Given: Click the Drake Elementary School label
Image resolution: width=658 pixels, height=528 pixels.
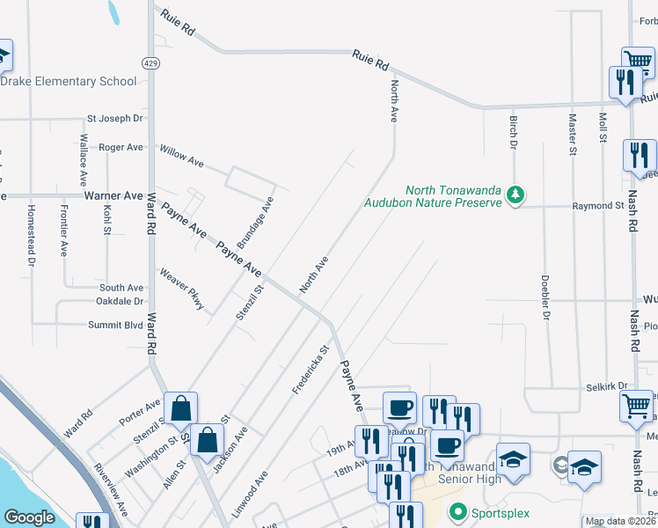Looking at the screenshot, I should pyautogui.click(x=69, y=82).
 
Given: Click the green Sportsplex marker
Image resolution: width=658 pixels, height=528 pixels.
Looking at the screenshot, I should pyautogui.click(x=457, y=510).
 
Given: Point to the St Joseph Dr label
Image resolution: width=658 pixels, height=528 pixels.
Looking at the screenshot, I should pyautogui.click(x=114, y=118).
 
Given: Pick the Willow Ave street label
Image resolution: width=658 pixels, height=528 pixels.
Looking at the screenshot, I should pyautogui.click(x=182, y=157).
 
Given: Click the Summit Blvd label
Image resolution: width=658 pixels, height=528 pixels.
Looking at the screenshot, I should pyautogui.click(x=115, y=325).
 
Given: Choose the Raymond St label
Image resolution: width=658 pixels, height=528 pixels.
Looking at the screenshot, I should pyautogui.click(x=597, y=206).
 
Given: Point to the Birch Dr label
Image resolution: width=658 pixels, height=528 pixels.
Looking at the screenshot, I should pyautogui.click(x=513, y=129).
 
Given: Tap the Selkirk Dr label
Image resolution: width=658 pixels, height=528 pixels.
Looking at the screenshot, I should pyautogui.click(x=607, y=386).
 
